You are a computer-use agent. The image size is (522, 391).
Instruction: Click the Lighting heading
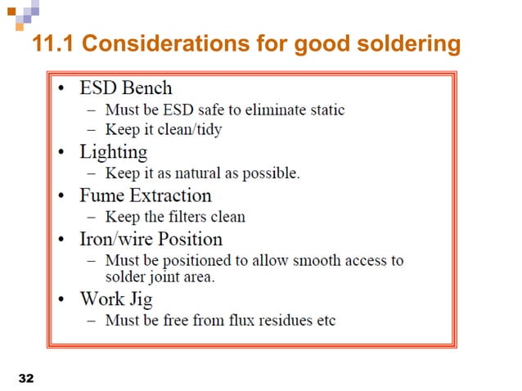point(113,152)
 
